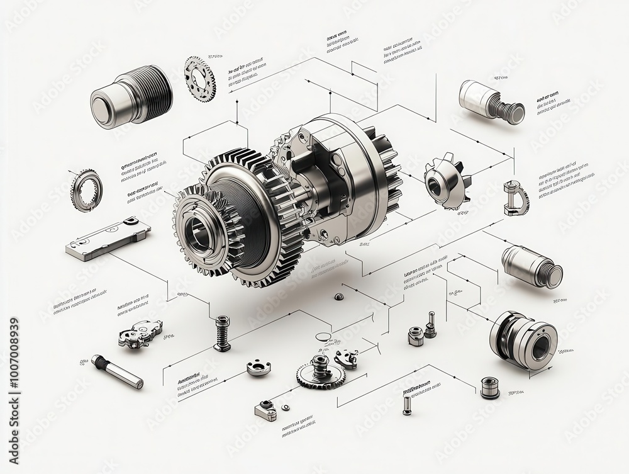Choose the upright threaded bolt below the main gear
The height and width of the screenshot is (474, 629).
222,332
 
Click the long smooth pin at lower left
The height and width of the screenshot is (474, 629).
117,371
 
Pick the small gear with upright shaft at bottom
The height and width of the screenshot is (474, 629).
320,371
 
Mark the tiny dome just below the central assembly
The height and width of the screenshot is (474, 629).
338,296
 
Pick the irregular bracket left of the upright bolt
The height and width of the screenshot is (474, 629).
140,332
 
